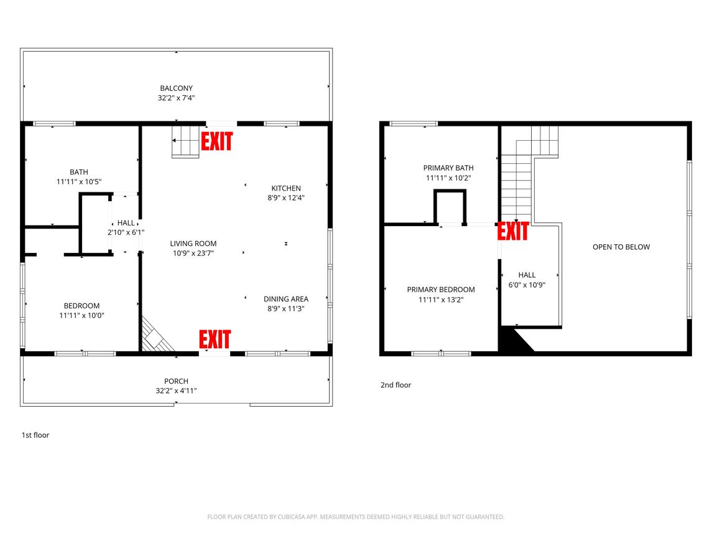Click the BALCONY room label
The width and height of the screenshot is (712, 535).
coord(176,88)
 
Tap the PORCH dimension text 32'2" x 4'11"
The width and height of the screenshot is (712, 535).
coord(176,391)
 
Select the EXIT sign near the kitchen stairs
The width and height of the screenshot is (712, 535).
coord(216,141)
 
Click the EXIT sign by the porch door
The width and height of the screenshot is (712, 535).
coord(215,339)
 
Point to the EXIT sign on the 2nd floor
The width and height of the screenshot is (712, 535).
coord(513,231)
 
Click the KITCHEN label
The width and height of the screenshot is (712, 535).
coord(286,188)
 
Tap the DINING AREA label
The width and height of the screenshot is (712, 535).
coord(286,299)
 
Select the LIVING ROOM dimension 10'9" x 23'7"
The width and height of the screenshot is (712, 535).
coord(193,253)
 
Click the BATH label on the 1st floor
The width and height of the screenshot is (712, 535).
coord(79,172)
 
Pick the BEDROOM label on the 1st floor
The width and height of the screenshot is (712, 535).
coord(81,306)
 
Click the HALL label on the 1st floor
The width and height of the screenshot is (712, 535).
coord(126,223)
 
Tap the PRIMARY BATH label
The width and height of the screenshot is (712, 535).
coord(448,168)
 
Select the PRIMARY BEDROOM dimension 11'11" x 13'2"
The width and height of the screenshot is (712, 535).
coord(440,300)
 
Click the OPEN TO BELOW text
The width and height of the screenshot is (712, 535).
coord(621,247)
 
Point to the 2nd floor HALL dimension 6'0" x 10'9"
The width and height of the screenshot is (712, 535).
coord(527,285)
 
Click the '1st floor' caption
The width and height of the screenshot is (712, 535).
coord(35,435)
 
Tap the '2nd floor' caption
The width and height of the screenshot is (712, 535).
coord(395,385)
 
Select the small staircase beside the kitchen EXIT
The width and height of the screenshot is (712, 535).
coord(185,141)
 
